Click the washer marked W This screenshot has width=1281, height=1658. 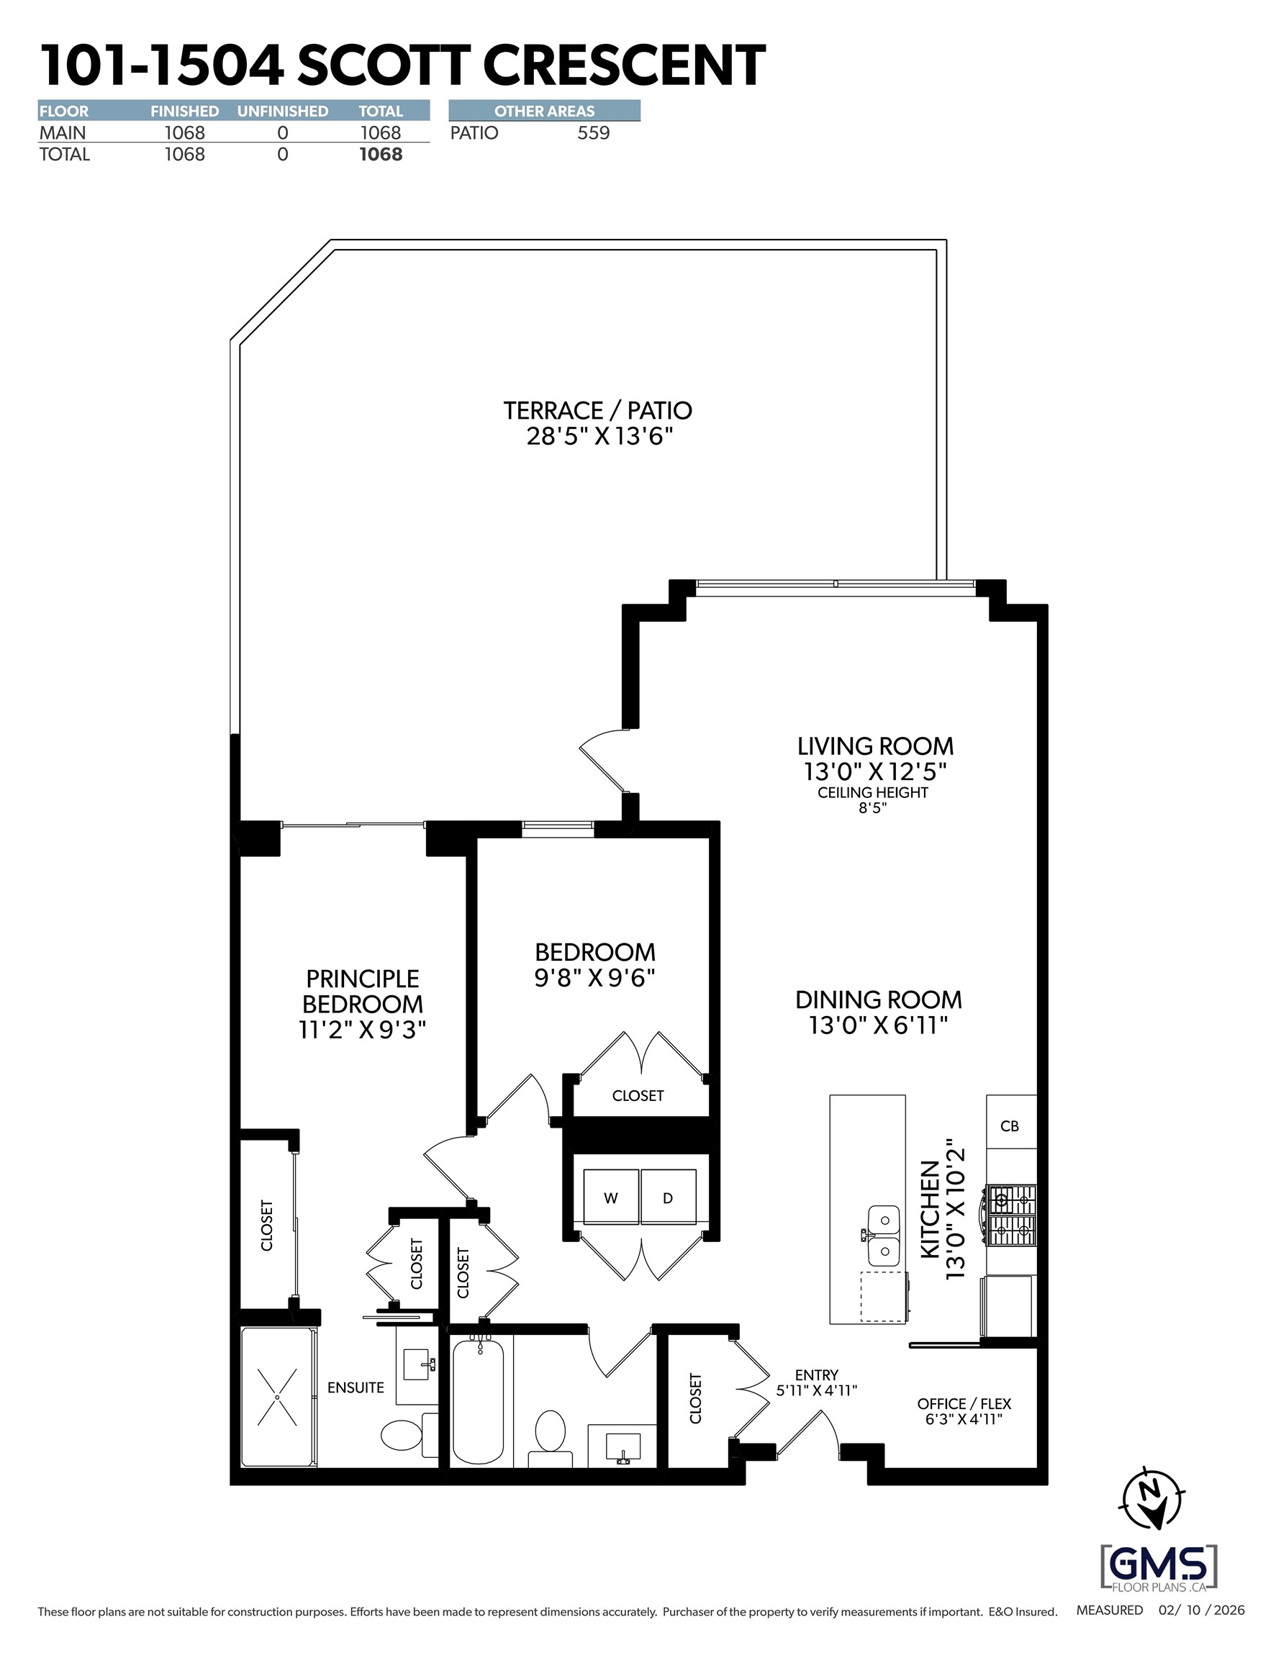(x=610, y=1197)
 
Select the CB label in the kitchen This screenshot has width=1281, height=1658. (x=1009, y=1125)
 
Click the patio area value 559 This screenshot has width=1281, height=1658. (x=593, y=133)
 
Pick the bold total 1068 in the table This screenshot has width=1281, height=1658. (x=381, y=155)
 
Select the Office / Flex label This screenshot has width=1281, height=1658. (x=964, y=1404)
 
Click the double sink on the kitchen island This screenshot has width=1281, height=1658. (x=884, y=1233)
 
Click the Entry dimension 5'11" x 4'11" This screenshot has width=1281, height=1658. (x=816, y=1391)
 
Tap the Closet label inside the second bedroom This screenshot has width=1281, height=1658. (x=638, y=1096)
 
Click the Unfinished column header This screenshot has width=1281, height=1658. (x=283, y=112)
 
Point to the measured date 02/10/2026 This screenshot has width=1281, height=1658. (x=1201, y=1609)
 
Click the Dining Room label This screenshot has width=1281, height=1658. (x=878, y=1000)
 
